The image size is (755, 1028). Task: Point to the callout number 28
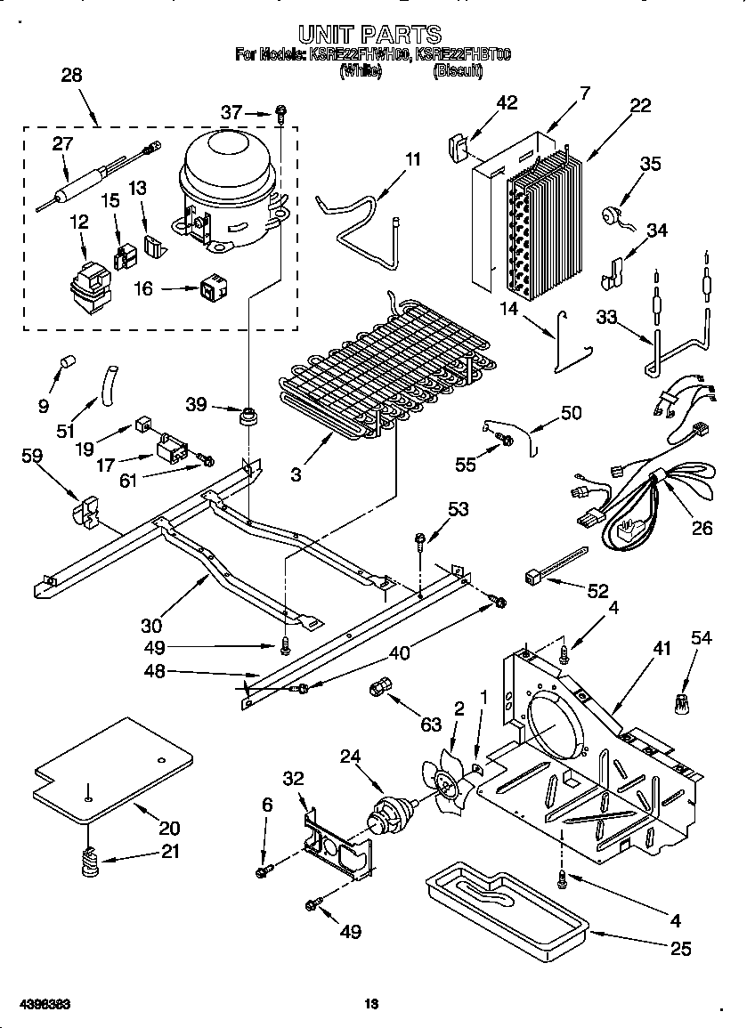coord(70,76)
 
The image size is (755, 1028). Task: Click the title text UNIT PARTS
coord(369,35)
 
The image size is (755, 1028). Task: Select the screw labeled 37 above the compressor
coord(282,113)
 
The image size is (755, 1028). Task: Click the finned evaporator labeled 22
coord(541,223)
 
